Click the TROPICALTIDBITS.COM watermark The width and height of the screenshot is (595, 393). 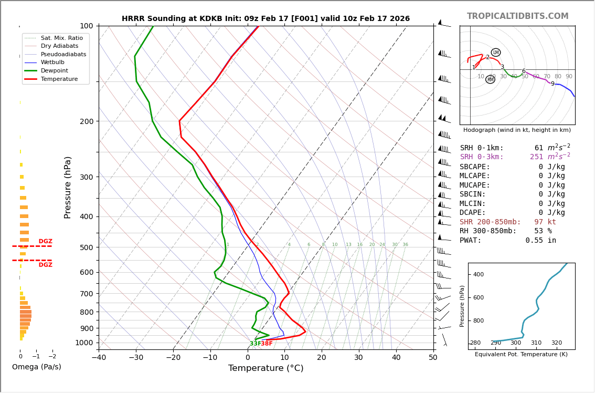[517, 16]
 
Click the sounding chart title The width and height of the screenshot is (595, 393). [265, 19]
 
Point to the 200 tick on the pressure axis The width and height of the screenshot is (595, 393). [87, 121]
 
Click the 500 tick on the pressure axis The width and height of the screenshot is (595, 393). [87, 247]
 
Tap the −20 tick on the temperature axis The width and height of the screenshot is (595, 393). [173, 358]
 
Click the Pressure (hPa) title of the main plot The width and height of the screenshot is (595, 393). [68, 187]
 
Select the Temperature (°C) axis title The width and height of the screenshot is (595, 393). [265, 368]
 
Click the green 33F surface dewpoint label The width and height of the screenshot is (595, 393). [255, 344]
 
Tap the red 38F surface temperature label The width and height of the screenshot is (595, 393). [267, 344]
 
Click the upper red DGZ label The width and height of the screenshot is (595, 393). [46, 242]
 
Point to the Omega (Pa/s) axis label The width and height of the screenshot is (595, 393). [37, 367]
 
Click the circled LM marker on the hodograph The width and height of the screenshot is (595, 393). [496, 53]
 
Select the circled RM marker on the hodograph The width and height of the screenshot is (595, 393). [490, 80]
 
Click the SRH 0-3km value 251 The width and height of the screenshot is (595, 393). [537, 157]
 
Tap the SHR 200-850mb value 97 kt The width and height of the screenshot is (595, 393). [545, 222]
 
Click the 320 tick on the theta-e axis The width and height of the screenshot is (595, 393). [556, 343]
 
